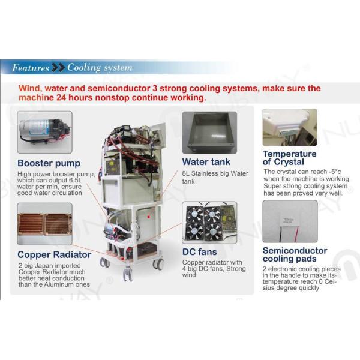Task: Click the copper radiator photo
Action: [x=44, y=223]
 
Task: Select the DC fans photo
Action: [x=209, y=223]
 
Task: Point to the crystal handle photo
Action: [x=290, y=127]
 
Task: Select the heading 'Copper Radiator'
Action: [x=54, y=254]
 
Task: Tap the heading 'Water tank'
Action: [x=206, y=162]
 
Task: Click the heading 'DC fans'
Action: [x=200, y=252]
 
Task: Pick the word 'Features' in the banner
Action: [x=31, y=68]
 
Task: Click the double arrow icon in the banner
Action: [x=58, y=68]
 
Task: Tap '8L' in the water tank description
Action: [x=187, y=173]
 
